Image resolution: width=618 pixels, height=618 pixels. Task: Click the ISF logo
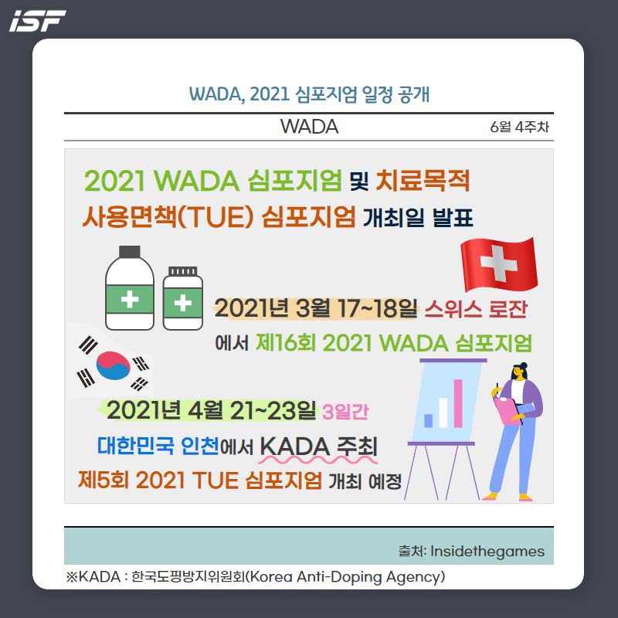[x=37, y=21]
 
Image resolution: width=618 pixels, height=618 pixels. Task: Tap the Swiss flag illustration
[x=499, y=264]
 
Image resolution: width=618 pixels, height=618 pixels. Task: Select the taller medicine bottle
[x=130, y=288]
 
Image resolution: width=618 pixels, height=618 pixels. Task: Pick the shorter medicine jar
[x=183, y=298]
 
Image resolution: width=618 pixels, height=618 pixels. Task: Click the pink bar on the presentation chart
[x=458, y=403]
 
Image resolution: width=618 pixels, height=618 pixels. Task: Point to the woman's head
[x=519, y=372]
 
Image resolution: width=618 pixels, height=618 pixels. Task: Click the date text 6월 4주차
[x=519, y=127]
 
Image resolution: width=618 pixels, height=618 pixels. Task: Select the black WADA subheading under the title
[x=310, y=127]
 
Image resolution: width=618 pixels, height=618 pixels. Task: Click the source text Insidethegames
[x=487, y=551]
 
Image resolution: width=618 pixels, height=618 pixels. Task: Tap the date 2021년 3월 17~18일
[x=316, y=308]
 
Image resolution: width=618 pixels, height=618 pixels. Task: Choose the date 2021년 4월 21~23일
[x=211, y=410]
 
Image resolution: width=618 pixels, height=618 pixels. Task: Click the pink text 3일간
[x=345, y=413]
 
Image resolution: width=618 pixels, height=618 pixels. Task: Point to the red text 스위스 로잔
[x=476, y=308]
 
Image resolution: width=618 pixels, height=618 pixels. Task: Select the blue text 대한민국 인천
[x=158, y=446]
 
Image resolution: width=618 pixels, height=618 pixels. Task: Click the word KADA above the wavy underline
[x=295, y=447]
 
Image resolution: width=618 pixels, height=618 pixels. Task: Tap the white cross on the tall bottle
[x=130, y=299]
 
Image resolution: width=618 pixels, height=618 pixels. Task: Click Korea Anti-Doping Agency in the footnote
[x=346, y=577]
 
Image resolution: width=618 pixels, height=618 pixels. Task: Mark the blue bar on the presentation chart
[x=429, y=420]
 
